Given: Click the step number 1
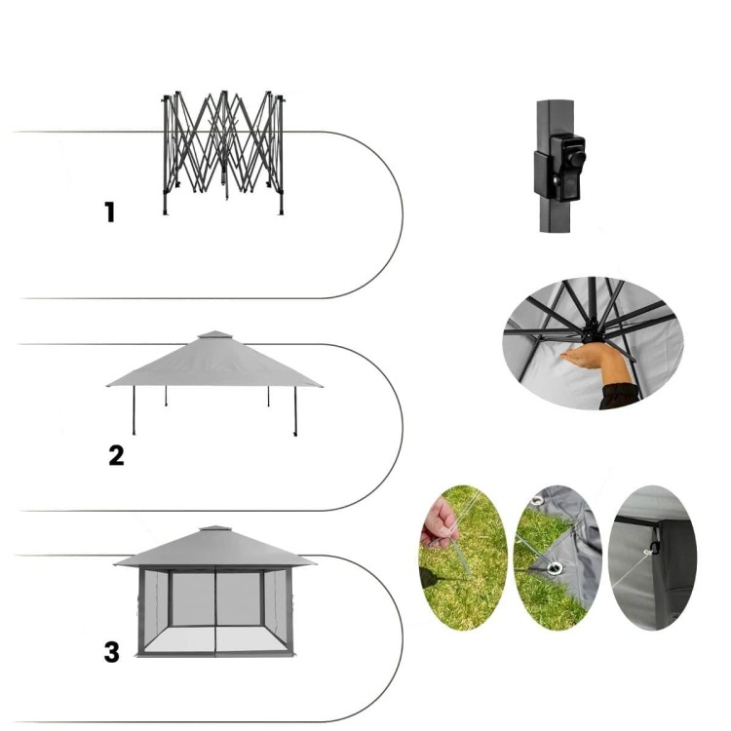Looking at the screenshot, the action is point(109,212).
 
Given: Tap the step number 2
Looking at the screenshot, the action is point(116,455).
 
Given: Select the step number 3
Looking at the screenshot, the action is point(112,652).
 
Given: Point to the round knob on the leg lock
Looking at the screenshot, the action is point(577,159).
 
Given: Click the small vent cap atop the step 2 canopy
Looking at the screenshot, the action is point(215,334).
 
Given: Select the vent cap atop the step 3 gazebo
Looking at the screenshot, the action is point(215,530).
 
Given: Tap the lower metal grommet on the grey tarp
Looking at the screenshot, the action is point(555,568).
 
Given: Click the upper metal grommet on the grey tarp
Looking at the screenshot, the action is point(537,501).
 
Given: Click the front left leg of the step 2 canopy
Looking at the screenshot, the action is point(135,410).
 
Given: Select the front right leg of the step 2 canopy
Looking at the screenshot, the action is point(295,411).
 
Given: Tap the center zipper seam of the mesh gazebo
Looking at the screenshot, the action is point(215,611).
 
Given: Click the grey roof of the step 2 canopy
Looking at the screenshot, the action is point(214,364).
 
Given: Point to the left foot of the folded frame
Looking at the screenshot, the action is point(165,213).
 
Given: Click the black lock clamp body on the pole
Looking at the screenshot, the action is point(559,168).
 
